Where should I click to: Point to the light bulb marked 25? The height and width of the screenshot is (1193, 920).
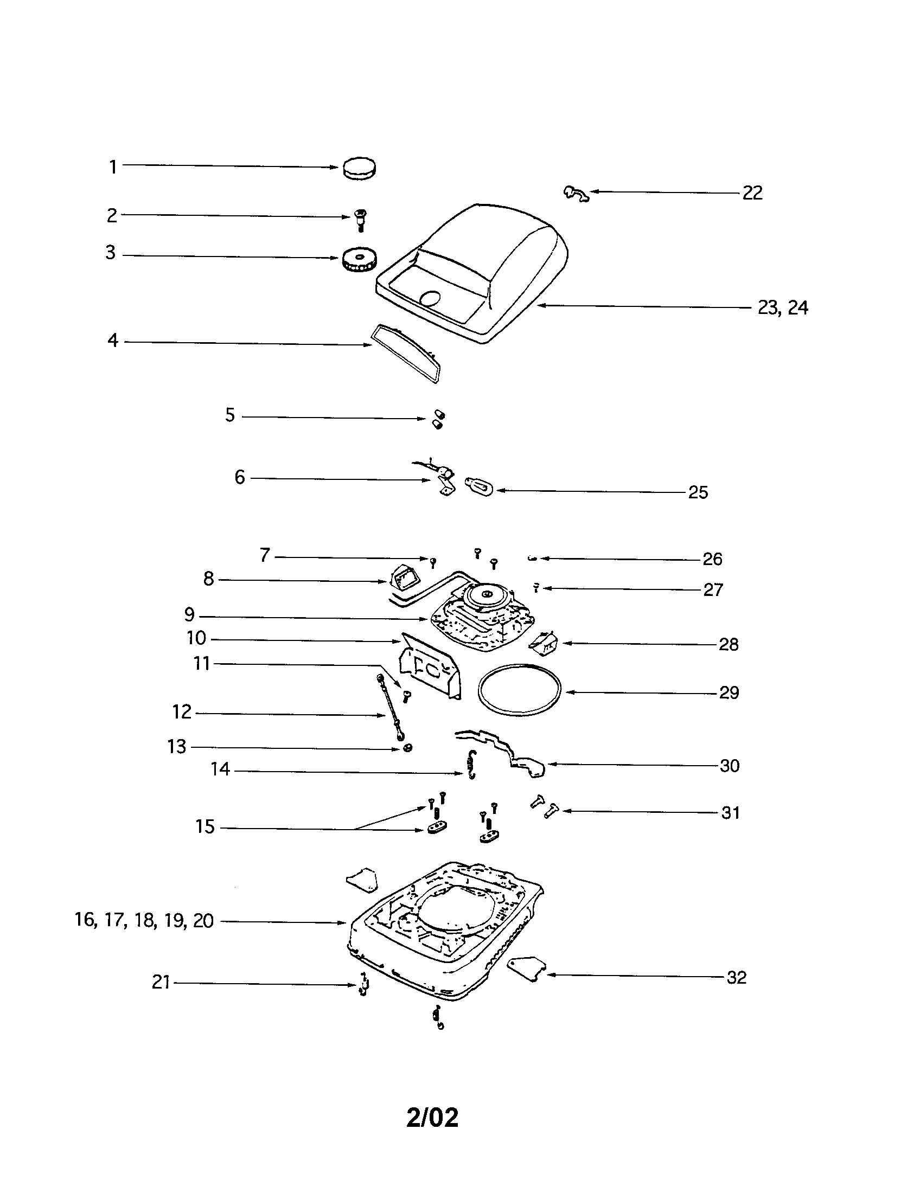click(479, 486)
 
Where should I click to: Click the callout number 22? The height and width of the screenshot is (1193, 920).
click(752, 193)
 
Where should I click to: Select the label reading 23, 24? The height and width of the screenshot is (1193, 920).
click(782, 308)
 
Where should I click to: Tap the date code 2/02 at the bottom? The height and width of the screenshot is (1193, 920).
click(432, 1118)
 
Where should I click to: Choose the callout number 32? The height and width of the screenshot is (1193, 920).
click(737, 977)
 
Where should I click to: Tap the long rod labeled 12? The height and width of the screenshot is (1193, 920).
click(391, 708)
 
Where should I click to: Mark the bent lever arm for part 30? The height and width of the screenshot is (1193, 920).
click(508, 752)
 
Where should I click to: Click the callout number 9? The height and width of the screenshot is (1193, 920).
click(189, 614)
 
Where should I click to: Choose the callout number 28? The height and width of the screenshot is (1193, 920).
click(728, 645)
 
